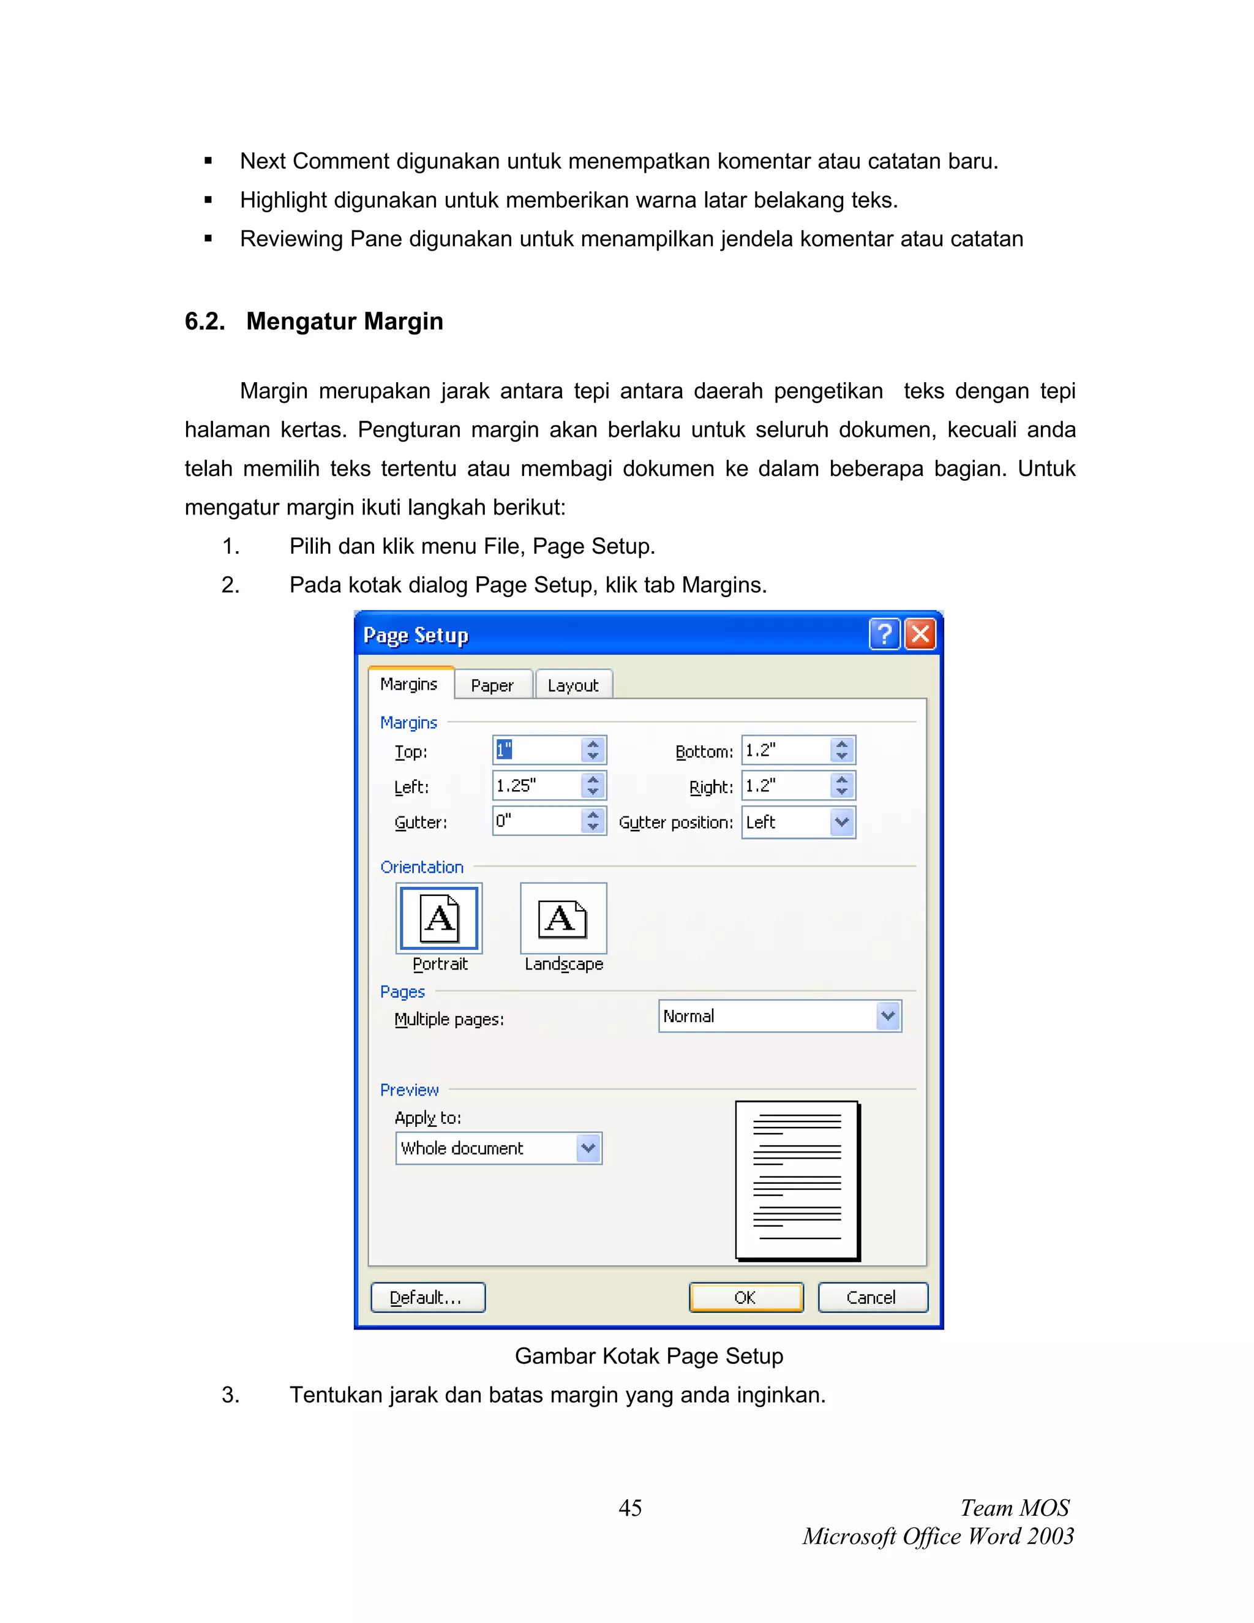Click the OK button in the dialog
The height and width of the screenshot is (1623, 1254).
pos(746,1298)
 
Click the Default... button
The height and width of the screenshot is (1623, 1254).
pos(428,1298)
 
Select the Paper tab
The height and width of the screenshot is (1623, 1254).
pos(492,685)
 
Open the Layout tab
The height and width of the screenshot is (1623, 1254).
pos(573,685)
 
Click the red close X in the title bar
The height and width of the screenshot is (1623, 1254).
pos(920,635)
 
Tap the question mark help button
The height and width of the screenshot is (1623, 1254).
pos(884,635)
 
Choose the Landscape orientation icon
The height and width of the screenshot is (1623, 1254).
pos(563,919)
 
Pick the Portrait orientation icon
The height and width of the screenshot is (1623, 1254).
pos(439,919)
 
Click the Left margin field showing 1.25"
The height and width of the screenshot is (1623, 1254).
pos(536,786)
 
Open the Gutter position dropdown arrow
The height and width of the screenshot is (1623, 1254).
pos(842,822)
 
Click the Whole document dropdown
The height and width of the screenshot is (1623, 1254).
pos(498,1148)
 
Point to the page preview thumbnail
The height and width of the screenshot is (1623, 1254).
pos(797,1180)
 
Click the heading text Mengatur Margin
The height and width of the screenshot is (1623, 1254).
pos(344,321)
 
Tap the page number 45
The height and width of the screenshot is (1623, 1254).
pos(630,1508)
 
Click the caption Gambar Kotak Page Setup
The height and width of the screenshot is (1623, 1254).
pos(648,1356)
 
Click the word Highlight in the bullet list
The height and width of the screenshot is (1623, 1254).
pos(283,200)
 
